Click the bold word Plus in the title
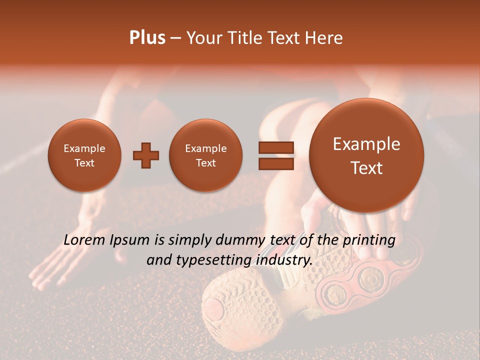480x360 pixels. [x=147, y=38]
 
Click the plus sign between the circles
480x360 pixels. [x=146, y=155]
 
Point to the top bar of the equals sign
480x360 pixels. [x=276, y=147]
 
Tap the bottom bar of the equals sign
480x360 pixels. [x=276, y=163]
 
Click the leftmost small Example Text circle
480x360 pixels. [x=84, y=155]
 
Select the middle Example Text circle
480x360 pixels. [x=206, y=155]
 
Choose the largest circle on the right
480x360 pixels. [x=366, y=155]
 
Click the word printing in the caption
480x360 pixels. [x=369, y=240]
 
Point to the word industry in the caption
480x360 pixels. [x=283, y=260]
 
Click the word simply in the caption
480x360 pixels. [x=186, y=240]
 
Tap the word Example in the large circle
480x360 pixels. [x=366, y=144]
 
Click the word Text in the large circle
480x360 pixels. [x=366, y=168]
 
